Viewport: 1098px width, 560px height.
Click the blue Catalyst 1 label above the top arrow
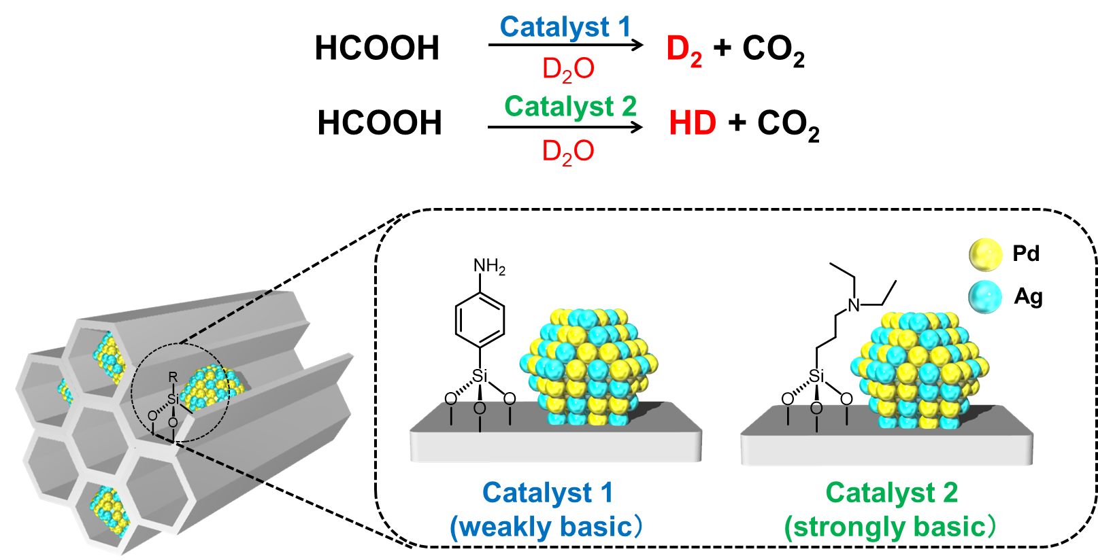565,27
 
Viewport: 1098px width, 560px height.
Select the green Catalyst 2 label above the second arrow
570,107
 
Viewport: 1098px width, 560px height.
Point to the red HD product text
693,124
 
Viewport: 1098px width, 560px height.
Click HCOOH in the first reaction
377,49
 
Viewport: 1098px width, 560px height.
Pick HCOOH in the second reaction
380,124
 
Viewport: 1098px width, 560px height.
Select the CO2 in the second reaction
788,125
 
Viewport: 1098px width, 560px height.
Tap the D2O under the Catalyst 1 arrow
568,69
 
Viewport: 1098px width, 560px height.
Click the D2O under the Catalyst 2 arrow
568,152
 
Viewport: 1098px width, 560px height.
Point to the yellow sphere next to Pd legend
985,255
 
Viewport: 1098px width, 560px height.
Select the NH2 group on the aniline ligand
489,266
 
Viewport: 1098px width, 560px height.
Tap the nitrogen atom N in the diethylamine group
854,305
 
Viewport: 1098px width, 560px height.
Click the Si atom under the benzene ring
480,376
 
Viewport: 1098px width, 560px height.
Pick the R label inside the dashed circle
173,377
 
